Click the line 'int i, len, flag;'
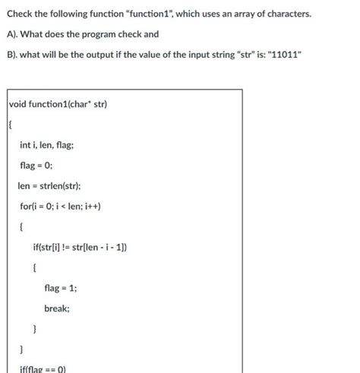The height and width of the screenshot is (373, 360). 46,144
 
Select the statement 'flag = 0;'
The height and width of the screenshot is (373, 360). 36,165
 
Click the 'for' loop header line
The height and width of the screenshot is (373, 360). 60,206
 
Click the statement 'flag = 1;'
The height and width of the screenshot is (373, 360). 60,288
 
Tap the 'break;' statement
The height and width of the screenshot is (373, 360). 57,308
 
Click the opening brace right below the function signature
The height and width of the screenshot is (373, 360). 11,124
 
